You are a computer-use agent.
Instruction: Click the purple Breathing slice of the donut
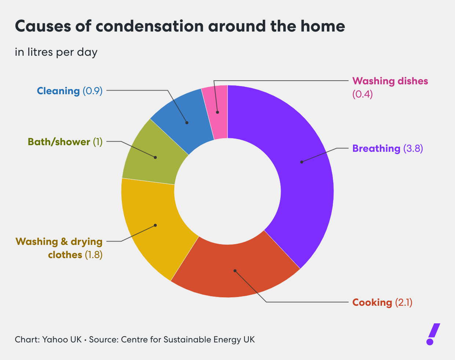[x=305, y=183]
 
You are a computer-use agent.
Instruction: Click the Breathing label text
[x=376, y=148]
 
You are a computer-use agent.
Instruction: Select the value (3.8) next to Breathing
[x=413, y=148]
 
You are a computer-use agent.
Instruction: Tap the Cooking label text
[x=372, y=302]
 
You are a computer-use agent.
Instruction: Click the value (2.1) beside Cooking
[x=404, y=302]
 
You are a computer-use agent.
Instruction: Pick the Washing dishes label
[x=390, y=81]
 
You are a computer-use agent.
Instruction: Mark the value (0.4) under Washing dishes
[x=362, y=94]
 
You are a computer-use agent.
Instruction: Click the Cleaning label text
[x=58, y=91]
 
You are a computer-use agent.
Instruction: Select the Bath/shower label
[x=59, y=142]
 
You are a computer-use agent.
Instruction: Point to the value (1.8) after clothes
[x=94, y=255]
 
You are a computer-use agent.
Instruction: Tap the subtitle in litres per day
[x=56, y=52]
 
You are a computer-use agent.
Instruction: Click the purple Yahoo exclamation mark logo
[x=433, y=334]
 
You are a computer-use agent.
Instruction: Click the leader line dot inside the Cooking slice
[x=235, y=271]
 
